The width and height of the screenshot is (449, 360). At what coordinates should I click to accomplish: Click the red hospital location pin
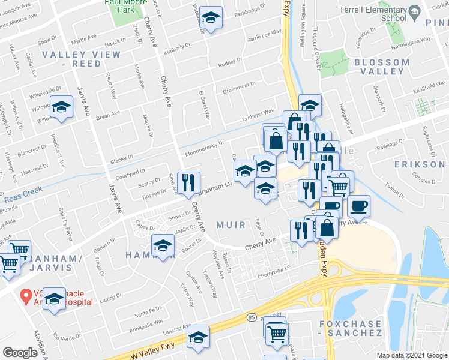click(25, 296)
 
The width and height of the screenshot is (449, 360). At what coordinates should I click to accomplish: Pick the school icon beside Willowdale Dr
click(61, 107)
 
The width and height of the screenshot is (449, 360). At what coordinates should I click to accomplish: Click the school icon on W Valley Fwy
click(198, 337)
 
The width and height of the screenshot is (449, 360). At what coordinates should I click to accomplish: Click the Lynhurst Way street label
click(258, 114)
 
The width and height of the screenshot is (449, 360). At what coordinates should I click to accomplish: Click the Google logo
click(20, 352)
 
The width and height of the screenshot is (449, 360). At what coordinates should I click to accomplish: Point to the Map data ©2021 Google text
click(411, 355)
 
